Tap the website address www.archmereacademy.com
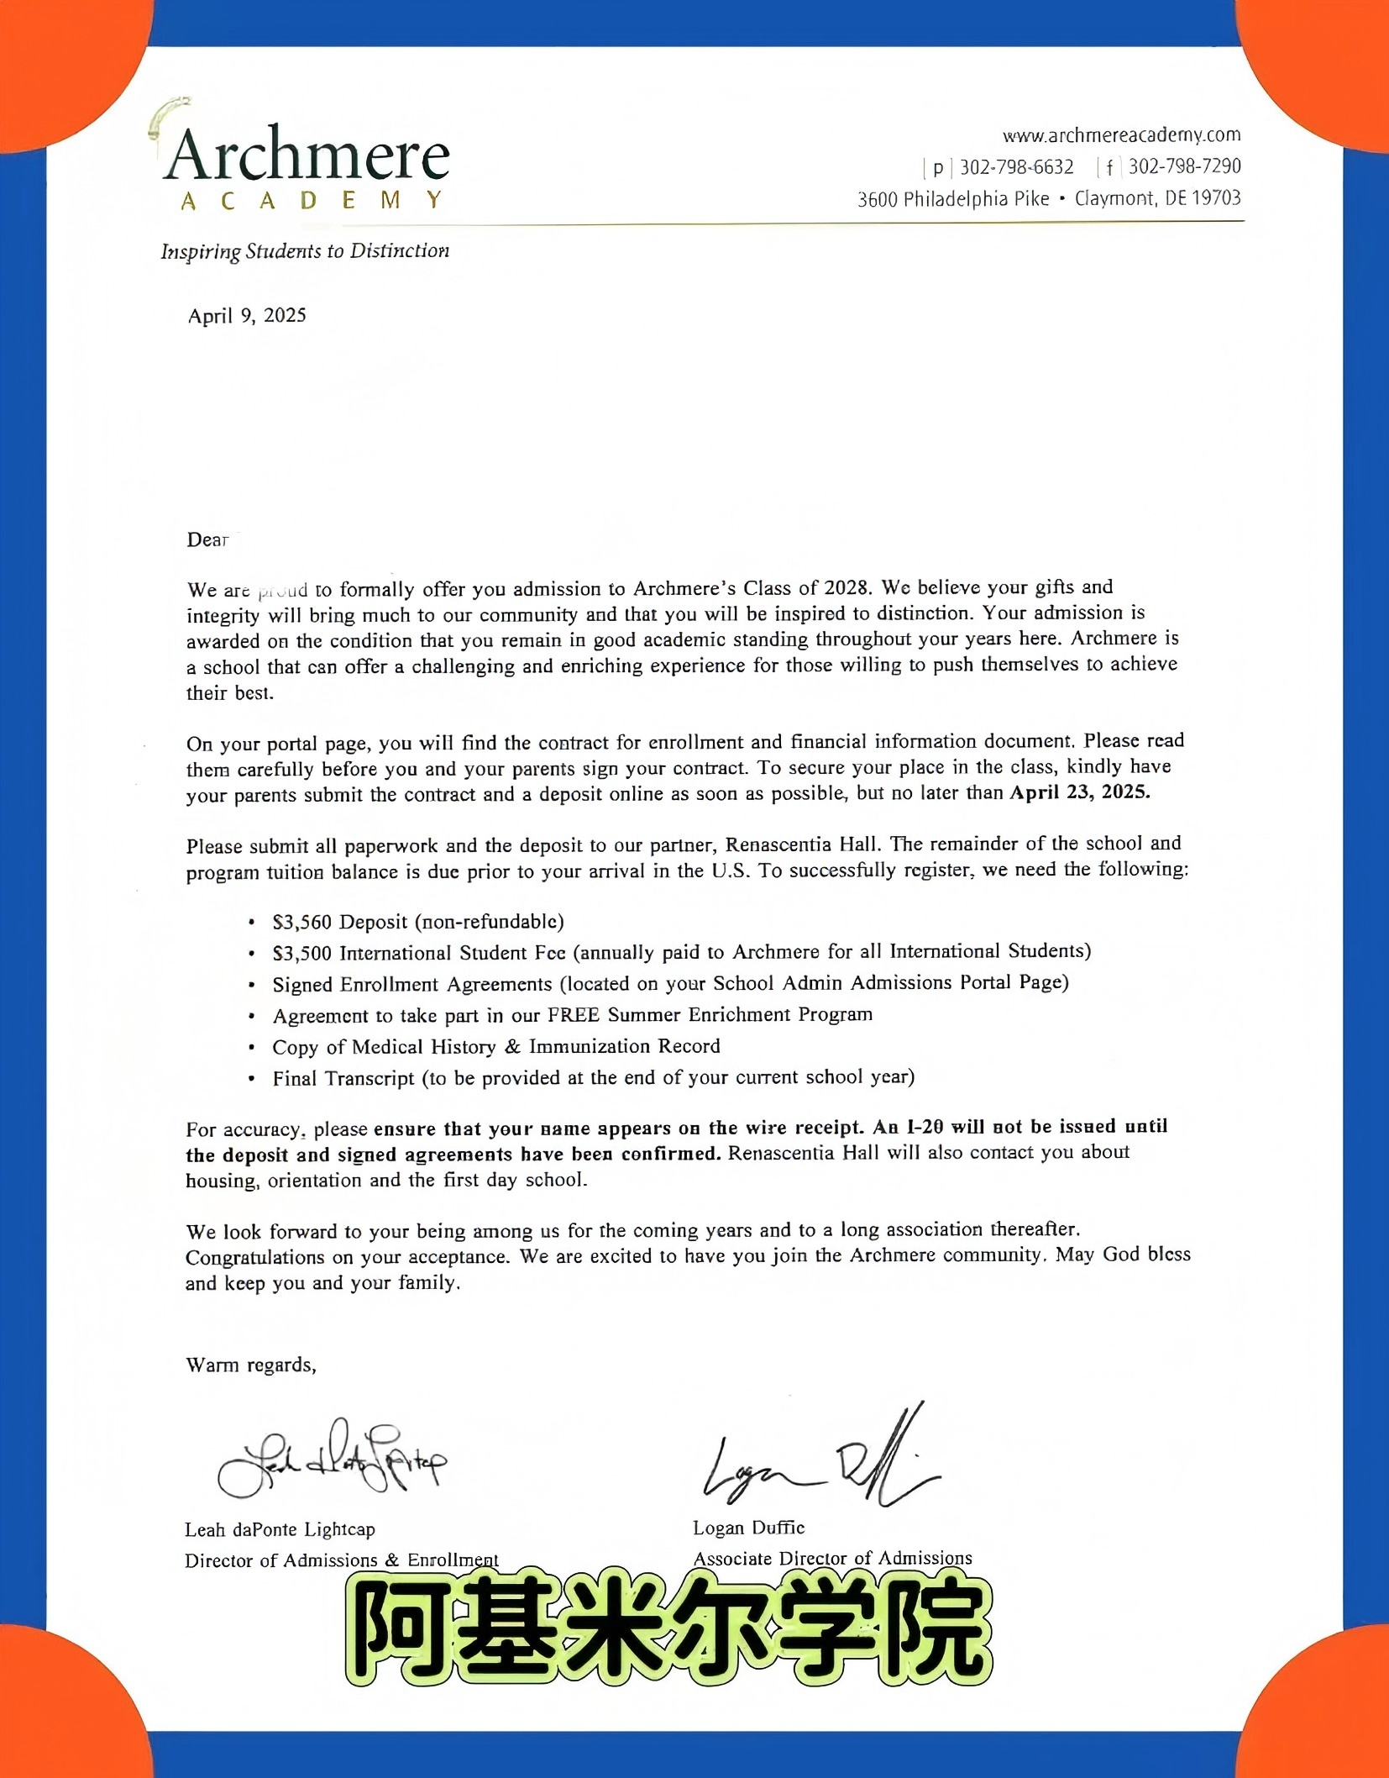1121,134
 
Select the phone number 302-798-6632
1016,167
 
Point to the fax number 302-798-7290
1184,166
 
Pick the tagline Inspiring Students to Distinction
305,251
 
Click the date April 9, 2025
247,316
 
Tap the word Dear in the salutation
207,539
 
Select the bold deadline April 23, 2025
1079,792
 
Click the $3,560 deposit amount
302,922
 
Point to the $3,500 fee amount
302,953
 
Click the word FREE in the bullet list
574,1015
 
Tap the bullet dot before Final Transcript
251,1079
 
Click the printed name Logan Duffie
748,1528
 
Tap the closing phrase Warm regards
250,1365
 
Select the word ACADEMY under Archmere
312,201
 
